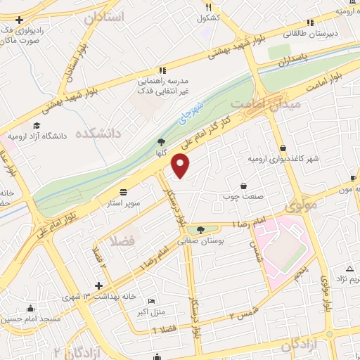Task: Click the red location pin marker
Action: coord(181,166)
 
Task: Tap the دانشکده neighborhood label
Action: coord(97,133)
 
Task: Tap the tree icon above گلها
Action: coord(161,142)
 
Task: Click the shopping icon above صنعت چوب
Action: coord(243,186)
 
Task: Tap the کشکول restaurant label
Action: coord(210,17)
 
